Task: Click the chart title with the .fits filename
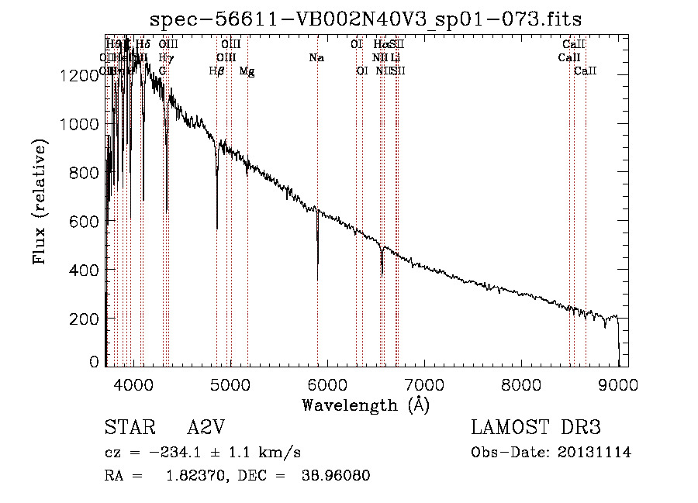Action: (x=365, y=19)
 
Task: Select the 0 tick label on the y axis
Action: (x=95, y=362)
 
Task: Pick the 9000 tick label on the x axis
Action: (x=618, y=383)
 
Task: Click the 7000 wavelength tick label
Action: (x=424, y=383)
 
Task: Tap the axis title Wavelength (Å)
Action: (x=365, y=404)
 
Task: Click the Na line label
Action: (x=316, y=58)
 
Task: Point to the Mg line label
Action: (x=247, y=71)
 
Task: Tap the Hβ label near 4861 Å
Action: (x=216, y=71)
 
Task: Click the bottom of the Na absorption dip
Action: (x=317, y=279)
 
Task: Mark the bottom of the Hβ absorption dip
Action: (x=216, y=228)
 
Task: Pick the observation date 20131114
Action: (x=594, y=453)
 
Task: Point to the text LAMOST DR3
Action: (x=536, y=428)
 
